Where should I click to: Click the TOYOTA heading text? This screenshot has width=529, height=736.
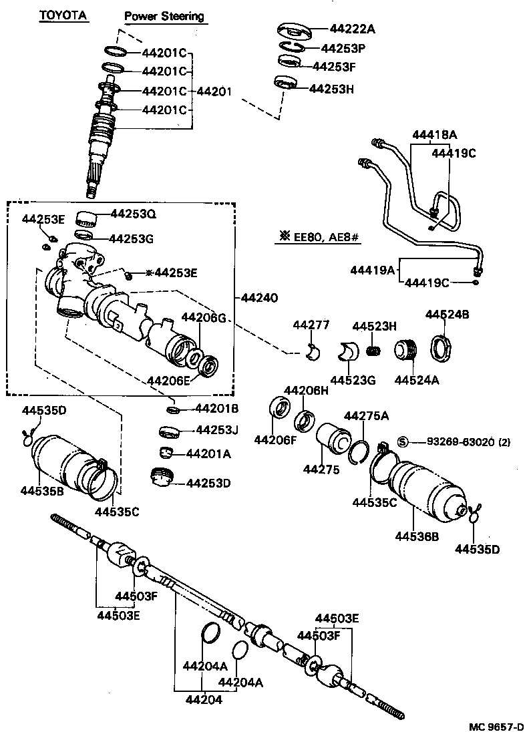(x=63, y=15)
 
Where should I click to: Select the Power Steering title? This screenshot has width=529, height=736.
(x=164, y=16)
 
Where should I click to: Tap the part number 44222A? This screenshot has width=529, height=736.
(x=353, y=29)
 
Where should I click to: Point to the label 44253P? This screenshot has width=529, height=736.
(x=344, y=48)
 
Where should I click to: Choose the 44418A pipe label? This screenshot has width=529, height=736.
(x=435, y=135)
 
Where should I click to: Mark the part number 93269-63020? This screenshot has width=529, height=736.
(x=458, y=441)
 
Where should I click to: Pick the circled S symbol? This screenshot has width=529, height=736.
(x=403, y=441)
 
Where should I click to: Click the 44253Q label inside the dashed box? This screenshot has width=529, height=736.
(x=133, y=214)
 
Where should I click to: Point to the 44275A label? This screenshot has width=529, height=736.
(x=367, y=416)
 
